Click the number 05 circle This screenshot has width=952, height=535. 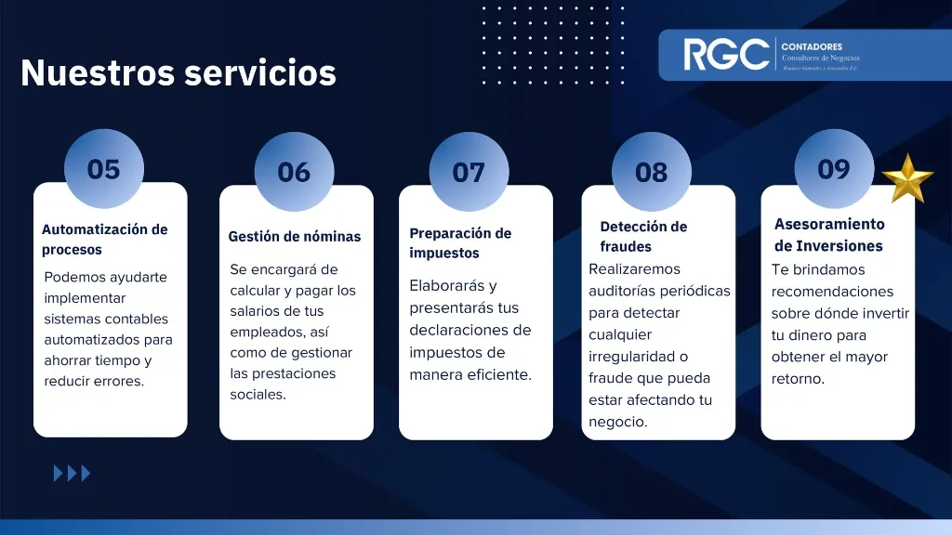click(104, 169)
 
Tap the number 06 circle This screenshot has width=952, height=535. click(294, 172)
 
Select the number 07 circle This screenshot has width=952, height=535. click(469, 173)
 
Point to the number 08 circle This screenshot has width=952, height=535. click(652, 173)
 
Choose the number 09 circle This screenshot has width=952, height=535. click(834, 169)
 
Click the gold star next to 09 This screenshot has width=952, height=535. click(906, 177)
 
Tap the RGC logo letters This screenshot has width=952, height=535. click(726, 55)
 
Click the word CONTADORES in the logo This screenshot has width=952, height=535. click(812, 46)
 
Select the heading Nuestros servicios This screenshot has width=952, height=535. click(178, 72)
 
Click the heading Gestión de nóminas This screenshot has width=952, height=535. click(294, 237)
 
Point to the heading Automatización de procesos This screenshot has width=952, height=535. click(104, 240)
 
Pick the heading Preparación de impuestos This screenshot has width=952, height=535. click(460, 242)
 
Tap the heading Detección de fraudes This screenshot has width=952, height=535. click(643, 237)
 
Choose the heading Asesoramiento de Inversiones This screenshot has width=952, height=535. click(829, 235)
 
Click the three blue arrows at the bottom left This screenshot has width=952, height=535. click(73, 474)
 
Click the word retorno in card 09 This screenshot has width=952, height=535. click(798, 379)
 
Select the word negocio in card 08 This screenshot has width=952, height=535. click(618, 422)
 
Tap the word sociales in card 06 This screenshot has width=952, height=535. click(258, 395)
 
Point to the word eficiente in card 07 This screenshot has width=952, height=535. click(501, 375)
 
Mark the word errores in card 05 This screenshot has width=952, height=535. click(119, 382)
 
